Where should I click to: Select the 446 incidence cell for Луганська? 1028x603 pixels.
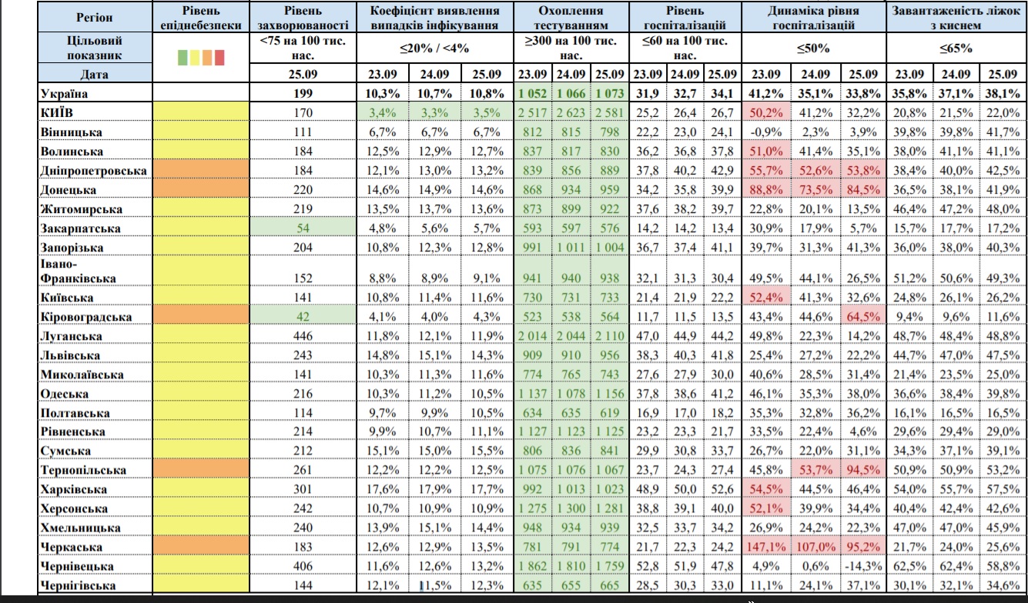click(303, 336)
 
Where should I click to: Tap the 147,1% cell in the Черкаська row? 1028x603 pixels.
click(766, 548)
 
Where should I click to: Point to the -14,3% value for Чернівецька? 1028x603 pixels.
click(862, 567)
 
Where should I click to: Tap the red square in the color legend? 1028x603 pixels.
click(219, 56)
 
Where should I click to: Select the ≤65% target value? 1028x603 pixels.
click(956, 48)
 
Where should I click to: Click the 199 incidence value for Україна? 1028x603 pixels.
click(303, 94)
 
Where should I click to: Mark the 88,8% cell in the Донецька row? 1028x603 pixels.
click(766, 190)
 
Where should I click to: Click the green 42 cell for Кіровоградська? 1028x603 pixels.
click(303, 317)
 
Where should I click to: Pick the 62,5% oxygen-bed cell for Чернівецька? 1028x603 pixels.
click(909, 567)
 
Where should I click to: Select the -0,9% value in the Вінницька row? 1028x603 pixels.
click(766, 132)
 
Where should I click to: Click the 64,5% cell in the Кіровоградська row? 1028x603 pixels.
click(862, 317)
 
